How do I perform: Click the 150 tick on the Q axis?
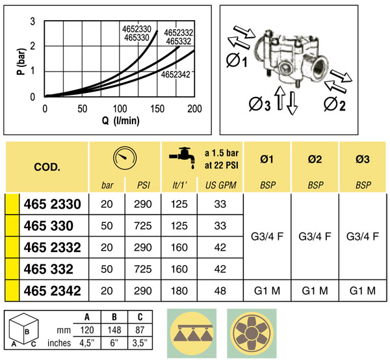click(x=157, y=109)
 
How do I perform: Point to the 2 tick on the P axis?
click(x=32, y=46)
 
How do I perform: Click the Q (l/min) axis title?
click(x=121, y=121)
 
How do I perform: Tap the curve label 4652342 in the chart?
click(x=175, y=74)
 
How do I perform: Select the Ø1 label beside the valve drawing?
click(x=237, y=60)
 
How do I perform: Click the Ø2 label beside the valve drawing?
click(x=335, y=104)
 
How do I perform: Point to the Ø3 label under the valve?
click(x=259, y=104)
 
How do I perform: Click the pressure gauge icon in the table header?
click(x=125, y=158)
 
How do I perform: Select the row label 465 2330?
click(x=52, y=204)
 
